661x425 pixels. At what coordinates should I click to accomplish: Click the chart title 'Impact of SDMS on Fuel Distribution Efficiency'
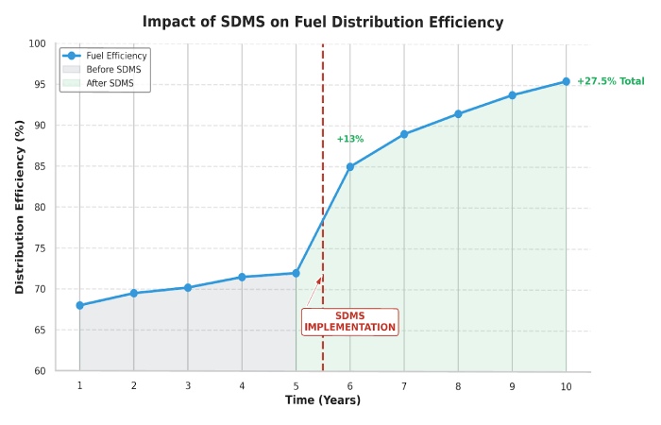pyautogui.click(x=323, y=22)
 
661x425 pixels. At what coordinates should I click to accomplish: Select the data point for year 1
pyautogui.click(x=79, y=305)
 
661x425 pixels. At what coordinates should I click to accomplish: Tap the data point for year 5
pyautogui.click(x=296, y=273)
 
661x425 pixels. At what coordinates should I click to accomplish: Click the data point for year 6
pyautogui.click(x=350, y=167)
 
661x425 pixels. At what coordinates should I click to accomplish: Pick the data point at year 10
pyautogui.click(x=567, y=81)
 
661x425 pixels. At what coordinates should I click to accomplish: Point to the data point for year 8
pyautogui.click(x=458, y=114)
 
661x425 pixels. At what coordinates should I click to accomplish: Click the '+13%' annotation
pyautogui.click(x=349, y=139)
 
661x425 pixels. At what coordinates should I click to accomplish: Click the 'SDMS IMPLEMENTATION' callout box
pyautogui.click(x=349, y=321)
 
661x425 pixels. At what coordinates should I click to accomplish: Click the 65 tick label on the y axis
pyautogui.click(x=39, y=330)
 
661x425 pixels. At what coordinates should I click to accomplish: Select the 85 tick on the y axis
pyautogui.click(x=39, y=166)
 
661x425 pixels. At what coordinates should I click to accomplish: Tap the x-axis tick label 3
pyautogui.click(x=188, y=385)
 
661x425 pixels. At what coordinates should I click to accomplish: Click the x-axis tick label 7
pyautogui.click(x=404, y=385)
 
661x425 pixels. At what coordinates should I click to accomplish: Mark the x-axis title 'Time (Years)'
pyautogui.click(x=323, y=400)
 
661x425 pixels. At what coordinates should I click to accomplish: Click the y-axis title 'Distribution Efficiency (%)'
pyautogui.click(x=20, y=208)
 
